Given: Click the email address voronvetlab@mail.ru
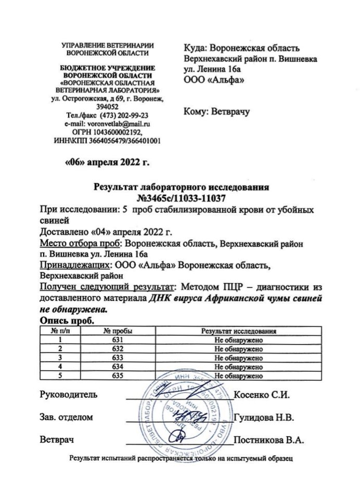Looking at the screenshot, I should pos(119,124).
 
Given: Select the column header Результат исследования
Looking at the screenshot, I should pos(238,331).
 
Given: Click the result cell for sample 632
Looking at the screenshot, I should pos(238,349).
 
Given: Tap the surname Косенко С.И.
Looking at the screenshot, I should pos(262,394).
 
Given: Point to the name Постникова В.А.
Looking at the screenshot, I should pos(268,440).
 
